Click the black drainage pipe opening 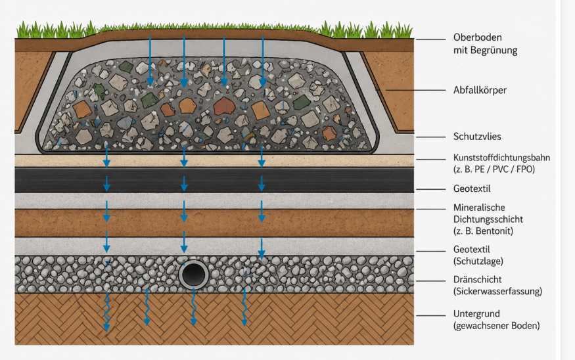coord(194,275)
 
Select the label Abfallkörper coord(480,90)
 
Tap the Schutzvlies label coord(477,137)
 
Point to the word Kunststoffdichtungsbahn coord(501,158)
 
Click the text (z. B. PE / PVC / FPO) coord(494,169)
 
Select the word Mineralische coord(479,208)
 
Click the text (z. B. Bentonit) coord(483,231)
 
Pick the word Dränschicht coord(478,279)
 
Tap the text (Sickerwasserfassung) coord(497,291)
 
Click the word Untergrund coord(476,314)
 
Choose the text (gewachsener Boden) coord(497,326)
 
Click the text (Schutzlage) coord(478,261)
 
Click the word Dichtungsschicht coord(488,219)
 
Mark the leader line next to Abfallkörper coord(410,90)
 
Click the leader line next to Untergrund coord(430,315)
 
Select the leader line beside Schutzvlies coord(430,137)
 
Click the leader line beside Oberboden coord(430,39)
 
